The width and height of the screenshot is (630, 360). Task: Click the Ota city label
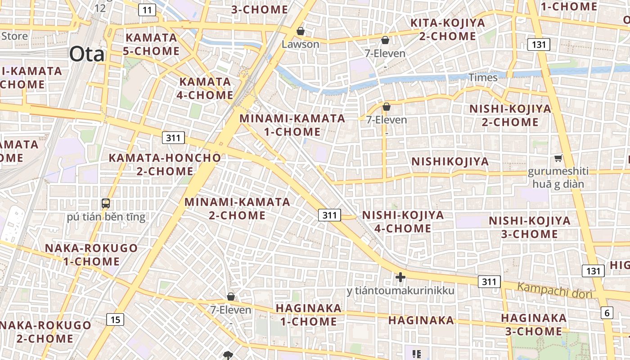pos(87,54)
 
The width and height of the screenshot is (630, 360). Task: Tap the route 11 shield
pos(147,10)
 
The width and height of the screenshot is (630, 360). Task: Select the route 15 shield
pos(115,319)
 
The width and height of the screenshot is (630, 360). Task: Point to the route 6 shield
pos(607,312)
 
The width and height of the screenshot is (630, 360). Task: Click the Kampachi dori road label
pos(554,290)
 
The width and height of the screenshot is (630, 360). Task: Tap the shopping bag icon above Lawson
pos(300,31)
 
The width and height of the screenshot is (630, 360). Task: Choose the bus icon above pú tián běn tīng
pos(106,203)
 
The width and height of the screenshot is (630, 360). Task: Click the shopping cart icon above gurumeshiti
pos(558,158)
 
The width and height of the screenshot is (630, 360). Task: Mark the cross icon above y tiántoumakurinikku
pos(400,277)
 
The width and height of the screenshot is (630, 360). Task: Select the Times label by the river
pos(483,77)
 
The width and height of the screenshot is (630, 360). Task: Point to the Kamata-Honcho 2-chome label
pos(165,165)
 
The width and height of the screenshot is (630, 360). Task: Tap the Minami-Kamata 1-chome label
pos(292,125)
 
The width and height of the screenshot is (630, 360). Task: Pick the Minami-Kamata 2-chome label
pos(237,208)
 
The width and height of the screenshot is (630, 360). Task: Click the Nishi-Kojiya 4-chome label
pos(403,221)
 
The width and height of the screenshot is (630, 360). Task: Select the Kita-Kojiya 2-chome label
pos(448,29)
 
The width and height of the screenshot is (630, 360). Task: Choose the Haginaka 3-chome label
pos(534,324)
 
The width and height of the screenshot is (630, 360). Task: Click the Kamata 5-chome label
pos(151,44)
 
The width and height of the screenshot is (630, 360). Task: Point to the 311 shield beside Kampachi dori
pos(489,282)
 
